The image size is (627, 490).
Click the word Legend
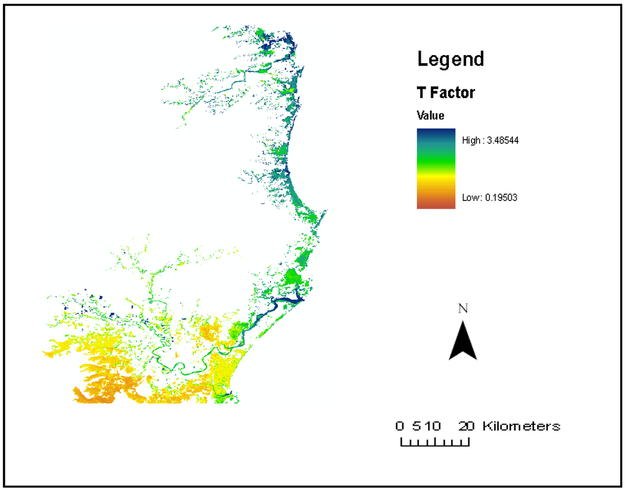coord(450,59)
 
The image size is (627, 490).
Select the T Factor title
coord(446,93)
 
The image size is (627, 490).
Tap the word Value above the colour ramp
coord(430,115)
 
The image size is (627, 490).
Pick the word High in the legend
coord(471,140)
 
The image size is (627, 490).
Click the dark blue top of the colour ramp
coord(435,132)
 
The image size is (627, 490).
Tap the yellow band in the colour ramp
coord(435,177)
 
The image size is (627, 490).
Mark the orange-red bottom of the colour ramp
coord(435,205)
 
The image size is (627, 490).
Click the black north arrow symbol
coord(463,341)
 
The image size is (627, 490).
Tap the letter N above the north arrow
coord(464,309)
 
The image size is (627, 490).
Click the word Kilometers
coord(521,426)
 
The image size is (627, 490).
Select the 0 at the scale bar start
coord(400,426)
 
